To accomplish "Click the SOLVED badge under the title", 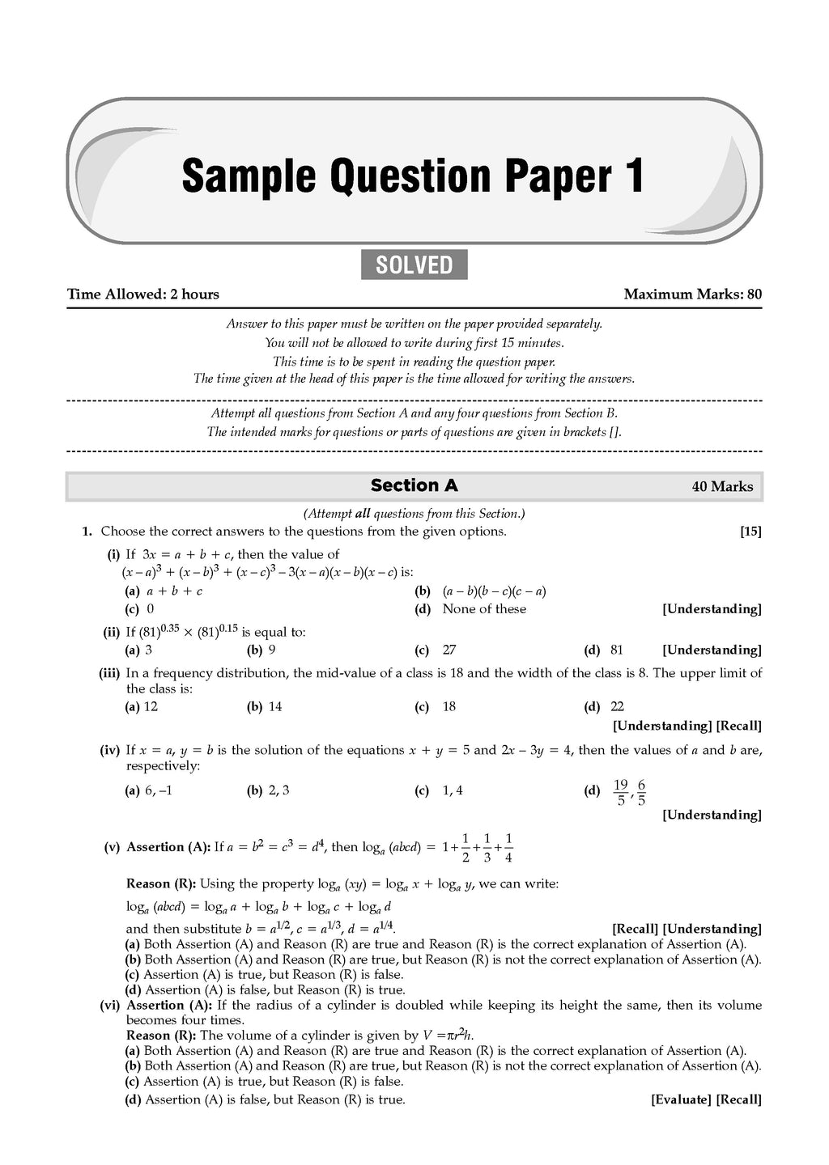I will (414, 265).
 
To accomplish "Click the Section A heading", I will (414, 485).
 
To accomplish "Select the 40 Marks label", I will (722, 487).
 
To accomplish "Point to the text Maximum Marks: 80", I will (692, 294).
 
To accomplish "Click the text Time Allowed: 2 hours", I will (142, 294).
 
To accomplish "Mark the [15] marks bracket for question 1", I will (750, 532).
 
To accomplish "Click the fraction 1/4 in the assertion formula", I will (508, 848).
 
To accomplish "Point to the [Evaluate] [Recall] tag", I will (706, 1099).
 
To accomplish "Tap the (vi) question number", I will (110, 1006).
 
